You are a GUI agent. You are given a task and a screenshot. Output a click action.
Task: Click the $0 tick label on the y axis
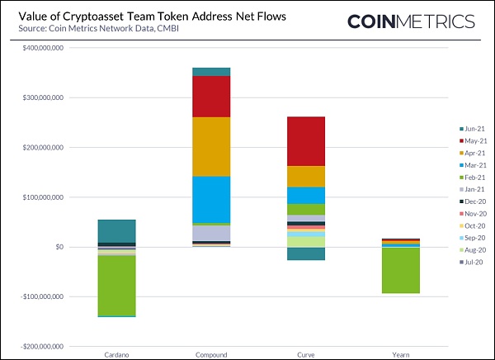point(59,247)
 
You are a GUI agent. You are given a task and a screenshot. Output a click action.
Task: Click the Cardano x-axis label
point(116,355)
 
